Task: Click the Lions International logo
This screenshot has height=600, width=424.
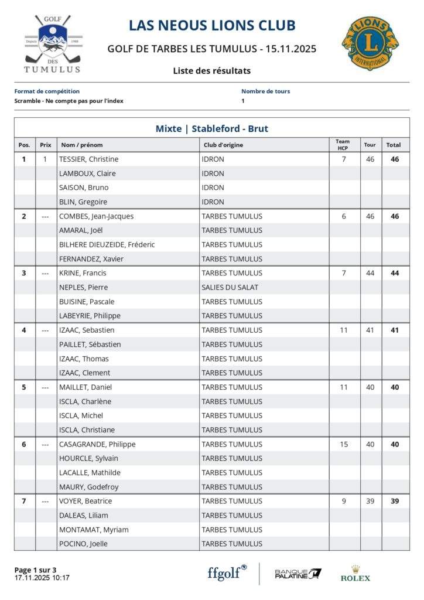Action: point(370,43)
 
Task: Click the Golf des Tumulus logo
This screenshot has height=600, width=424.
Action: point(52,45)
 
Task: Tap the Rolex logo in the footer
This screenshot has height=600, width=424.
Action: point(355,574)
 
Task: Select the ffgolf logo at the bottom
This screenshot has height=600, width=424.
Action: point(227,572)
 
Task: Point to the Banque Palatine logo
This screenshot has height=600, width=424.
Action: point(298,573)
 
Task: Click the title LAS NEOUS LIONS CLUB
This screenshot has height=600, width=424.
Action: point(212,25)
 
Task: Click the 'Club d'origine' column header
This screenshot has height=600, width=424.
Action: point(223,145)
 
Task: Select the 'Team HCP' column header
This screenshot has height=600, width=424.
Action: point(343,144)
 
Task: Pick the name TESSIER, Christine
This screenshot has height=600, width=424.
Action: point(88,159)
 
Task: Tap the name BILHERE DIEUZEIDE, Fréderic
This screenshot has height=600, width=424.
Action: point(107,244)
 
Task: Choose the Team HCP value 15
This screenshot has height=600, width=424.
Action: point(344,444)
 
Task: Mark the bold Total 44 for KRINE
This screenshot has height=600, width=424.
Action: point(395,273)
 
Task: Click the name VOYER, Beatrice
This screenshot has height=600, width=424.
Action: point(86,501)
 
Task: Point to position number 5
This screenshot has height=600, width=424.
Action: point(24,387)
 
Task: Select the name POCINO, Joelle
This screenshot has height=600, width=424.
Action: point(83,544)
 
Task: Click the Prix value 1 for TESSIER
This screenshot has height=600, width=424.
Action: point(45,159)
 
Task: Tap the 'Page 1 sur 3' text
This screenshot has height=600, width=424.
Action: point(35,570)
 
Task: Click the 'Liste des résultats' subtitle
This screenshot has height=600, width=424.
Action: point(211,71)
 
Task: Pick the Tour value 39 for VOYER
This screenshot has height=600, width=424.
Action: point(370,501)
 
